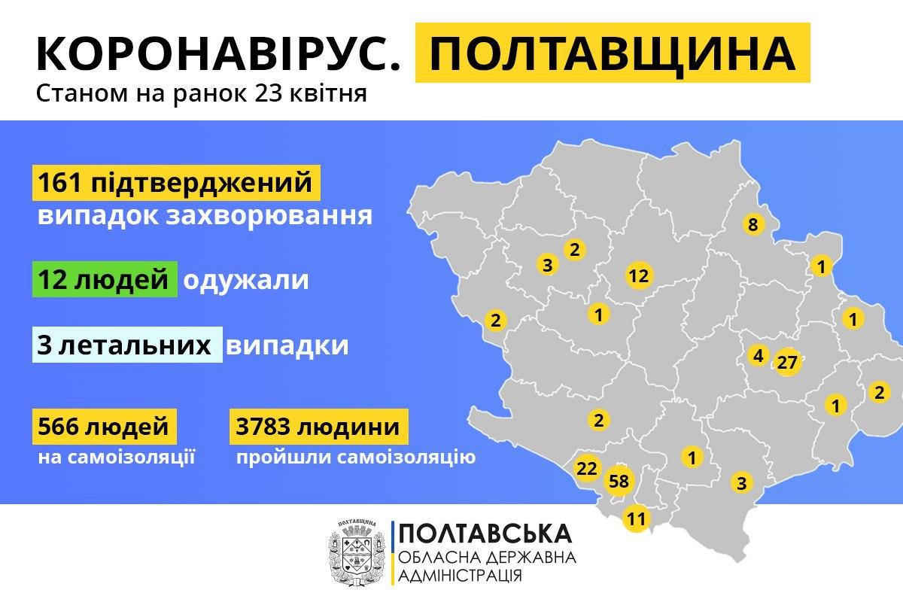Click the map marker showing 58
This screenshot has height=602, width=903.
620,481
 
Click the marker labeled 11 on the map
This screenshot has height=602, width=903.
636,518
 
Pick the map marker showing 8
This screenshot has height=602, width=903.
752,223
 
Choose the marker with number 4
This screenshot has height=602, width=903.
757,355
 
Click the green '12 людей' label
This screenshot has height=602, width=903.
105,280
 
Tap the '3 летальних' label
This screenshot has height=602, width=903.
128,345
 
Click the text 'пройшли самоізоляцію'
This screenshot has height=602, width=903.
355,457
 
